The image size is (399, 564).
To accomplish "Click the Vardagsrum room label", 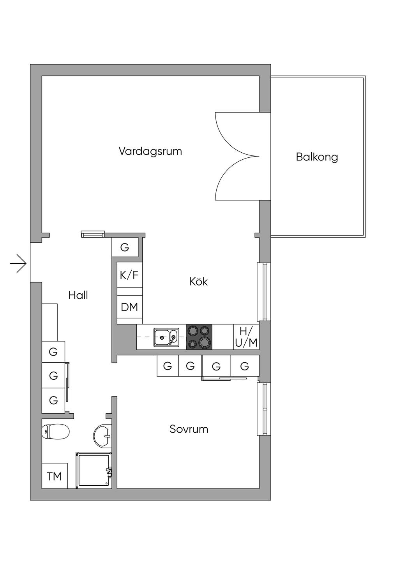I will pos(150,151).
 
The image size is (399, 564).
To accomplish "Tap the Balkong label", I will pos(317,157).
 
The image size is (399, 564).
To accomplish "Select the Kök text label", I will pos(199,281).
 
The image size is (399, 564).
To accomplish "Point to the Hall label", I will pos(78,295).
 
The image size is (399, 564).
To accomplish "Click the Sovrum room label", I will pos(189,429).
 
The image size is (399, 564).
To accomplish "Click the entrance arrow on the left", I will pos(18,264).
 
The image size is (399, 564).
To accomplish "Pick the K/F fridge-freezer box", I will pos(129,275).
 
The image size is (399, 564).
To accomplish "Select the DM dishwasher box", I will pos(129,307).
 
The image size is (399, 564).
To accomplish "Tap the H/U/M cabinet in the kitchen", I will pos(246,337).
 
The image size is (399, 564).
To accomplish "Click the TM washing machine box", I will pos(55,476).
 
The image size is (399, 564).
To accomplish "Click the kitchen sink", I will pos(166,337).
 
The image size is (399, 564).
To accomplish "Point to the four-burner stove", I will pos(199,337).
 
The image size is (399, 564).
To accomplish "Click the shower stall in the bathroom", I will pos(94,470).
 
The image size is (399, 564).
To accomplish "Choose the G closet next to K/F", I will pos(125,247).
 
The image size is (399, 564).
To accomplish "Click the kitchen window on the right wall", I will pos(263,292).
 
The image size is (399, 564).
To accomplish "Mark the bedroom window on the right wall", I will pos(263,409).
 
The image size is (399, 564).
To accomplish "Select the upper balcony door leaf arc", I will pos(234,132).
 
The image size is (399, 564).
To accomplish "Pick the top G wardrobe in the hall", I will pos(53,352).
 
